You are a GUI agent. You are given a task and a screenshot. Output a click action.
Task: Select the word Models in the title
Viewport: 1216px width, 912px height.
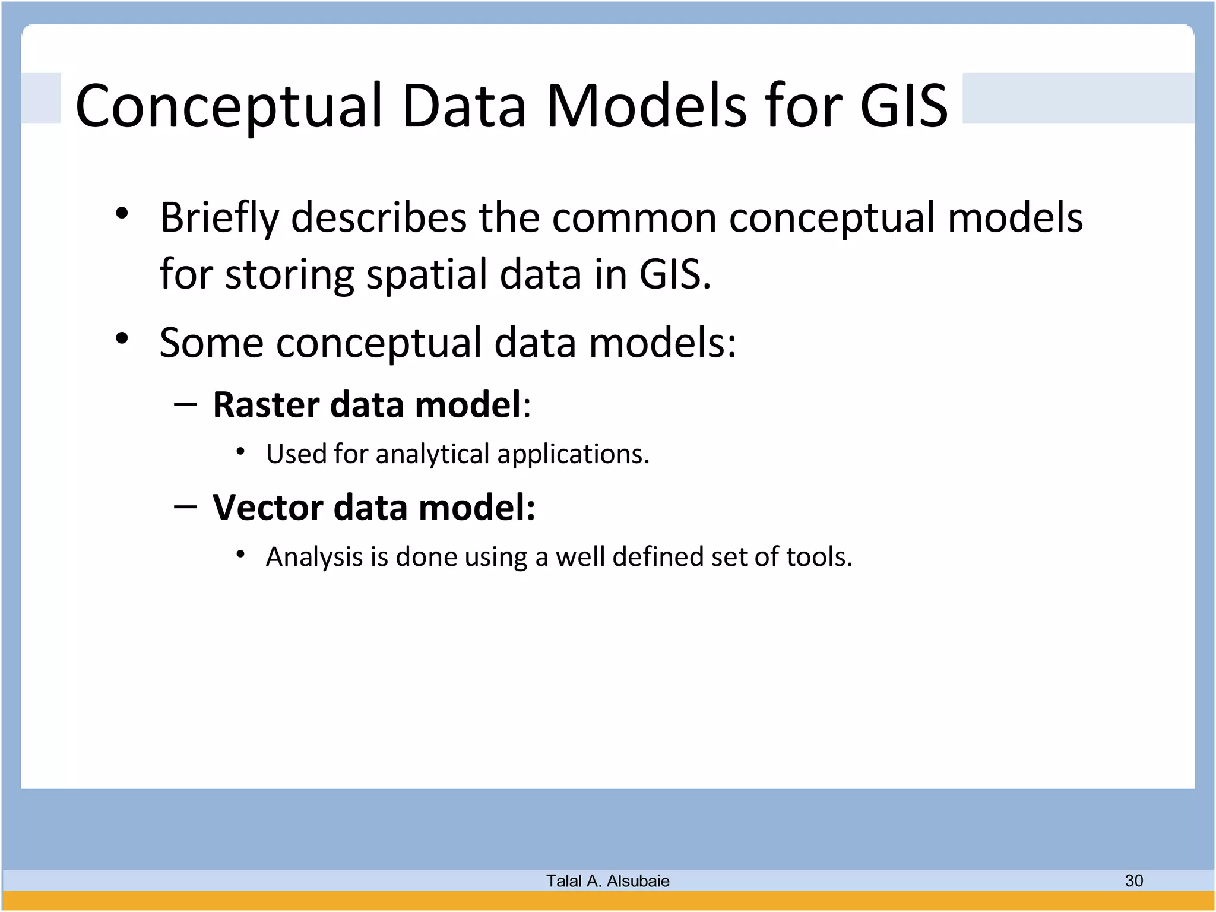pos(645,106)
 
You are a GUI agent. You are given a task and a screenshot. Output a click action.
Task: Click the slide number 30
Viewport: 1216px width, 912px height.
pos(1133,881)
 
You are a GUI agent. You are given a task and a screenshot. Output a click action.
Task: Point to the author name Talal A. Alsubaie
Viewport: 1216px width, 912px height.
pos(607,881)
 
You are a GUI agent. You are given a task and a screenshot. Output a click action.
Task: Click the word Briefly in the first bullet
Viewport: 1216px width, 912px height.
pos(219,218)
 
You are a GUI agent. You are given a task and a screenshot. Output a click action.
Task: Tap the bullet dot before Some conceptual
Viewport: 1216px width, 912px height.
pos(122,339)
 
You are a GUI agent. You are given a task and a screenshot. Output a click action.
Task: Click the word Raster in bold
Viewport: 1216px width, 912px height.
pos(266,405)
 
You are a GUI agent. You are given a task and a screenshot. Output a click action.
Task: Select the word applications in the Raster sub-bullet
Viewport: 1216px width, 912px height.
pos(572,455)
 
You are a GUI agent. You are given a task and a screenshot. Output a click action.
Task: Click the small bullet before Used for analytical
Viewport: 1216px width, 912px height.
pos(240,452)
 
